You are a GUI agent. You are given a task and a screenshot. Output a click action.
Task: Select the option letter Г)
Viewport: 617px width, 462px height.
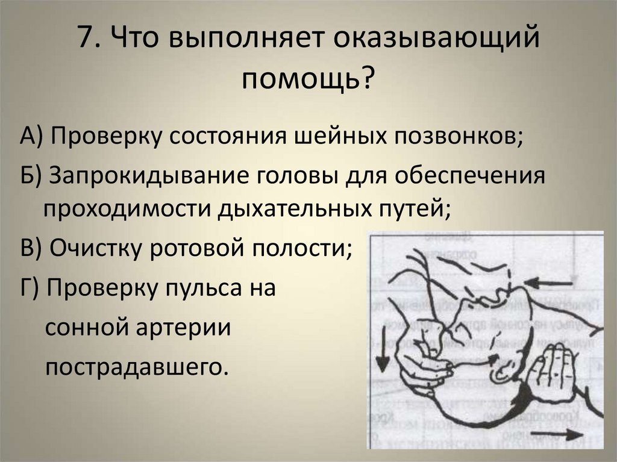pos(28,287)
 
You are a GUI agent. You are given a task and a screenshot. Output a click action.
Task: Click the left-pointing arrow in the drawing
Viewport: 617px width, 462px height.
pos(548,281)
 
